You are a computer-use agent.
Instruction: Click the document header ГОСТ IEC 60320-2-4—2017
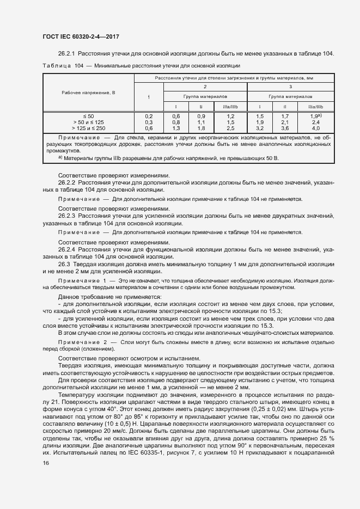(x=80, y=36)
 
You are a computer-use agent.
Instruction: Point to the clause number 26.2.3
(x=67, y=216)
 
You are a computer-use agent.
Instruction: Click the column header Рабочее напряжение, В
(x=88, y=93)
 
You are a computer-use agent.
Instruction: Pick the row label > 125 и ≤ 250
(x=88, y=128)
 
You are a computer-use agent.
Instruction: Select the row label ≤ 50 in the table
(x=88, y=116)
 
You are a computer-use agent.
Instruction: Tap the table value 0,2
(x=149, y=116)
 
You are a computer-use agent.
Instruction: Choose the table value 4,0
(x=315, y=128)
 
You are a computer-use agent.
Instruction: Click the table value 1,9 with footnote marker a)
(x=315, y=116)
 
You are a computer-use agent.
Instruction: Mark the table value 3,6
(x=285, y=128)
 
